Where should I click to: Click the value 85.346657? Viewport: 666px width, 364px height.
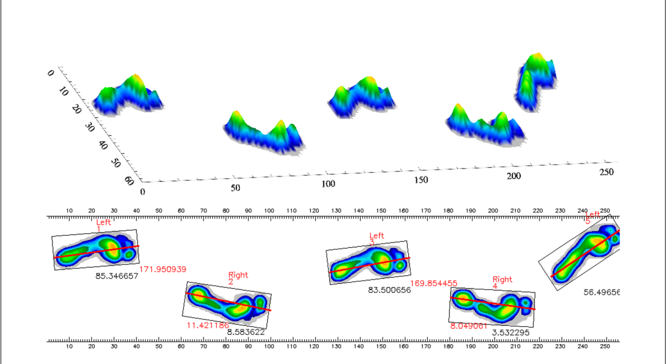(117, 276)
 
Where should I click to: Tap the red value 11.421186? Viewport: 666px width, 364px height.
(208, 325)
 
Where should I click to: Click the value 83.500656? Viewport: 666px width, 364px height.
(389, 290)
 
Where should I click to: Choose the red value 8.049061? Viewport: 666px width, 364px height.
(469, 325)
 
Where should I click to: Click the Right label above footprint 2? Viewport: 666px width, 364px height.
(238, 275)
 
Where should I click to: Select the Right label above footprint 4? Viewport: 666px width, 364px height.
(502, 279)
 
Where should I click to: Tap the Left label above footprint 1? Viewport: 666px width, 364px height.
(104, 223)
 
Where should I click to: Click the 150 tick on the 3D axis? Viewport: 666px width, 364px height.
(421, 180)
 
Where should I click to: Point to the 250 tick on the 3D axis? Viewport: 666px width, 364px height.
(607, 173)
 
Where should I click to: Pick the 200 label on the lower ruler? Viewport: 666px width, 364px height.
(493, 347)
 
